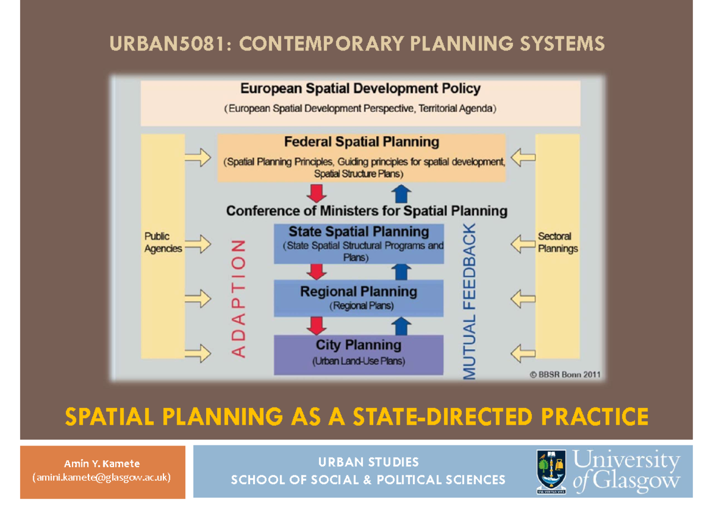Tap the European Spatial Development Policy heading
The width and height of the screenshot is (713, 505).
coord(360,89)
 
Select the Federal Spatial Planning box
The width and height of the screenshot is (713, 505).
coord(361,158)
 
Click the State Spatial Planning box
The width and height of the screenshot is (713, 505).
coord(358,244)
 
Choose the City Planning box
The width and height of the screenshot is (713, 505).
coord(358,354)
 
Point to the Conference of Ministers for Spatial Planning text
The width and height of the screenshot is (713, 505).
coord(367,211)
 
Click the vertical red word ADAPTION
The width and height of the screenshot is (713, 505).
coord(238,299)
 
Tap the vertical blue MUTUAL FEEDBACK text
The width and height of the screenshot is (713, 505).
coord(469,302)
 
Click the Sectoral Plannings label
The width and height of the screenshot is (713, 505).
coord(557,243)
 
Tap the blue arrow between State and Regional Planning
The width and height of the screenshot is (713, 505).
coord(402,271)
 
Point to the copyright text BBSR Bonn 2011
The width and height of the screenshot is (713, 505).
coord(564,375)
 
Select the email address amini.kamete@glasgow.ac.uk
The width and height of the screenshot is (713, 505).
coord(102,477)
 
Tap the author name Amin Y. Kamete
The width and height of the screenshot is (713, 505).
coord(102,463)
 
